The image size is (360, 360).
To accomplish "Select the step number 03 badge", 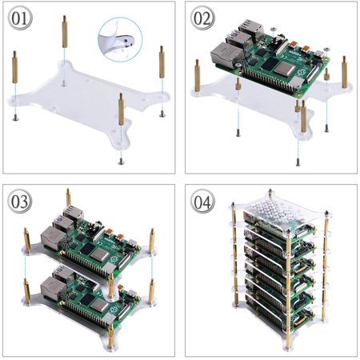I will pos(21,201).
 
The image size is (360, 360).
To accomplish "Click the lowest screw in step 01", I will pos(121,159).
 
